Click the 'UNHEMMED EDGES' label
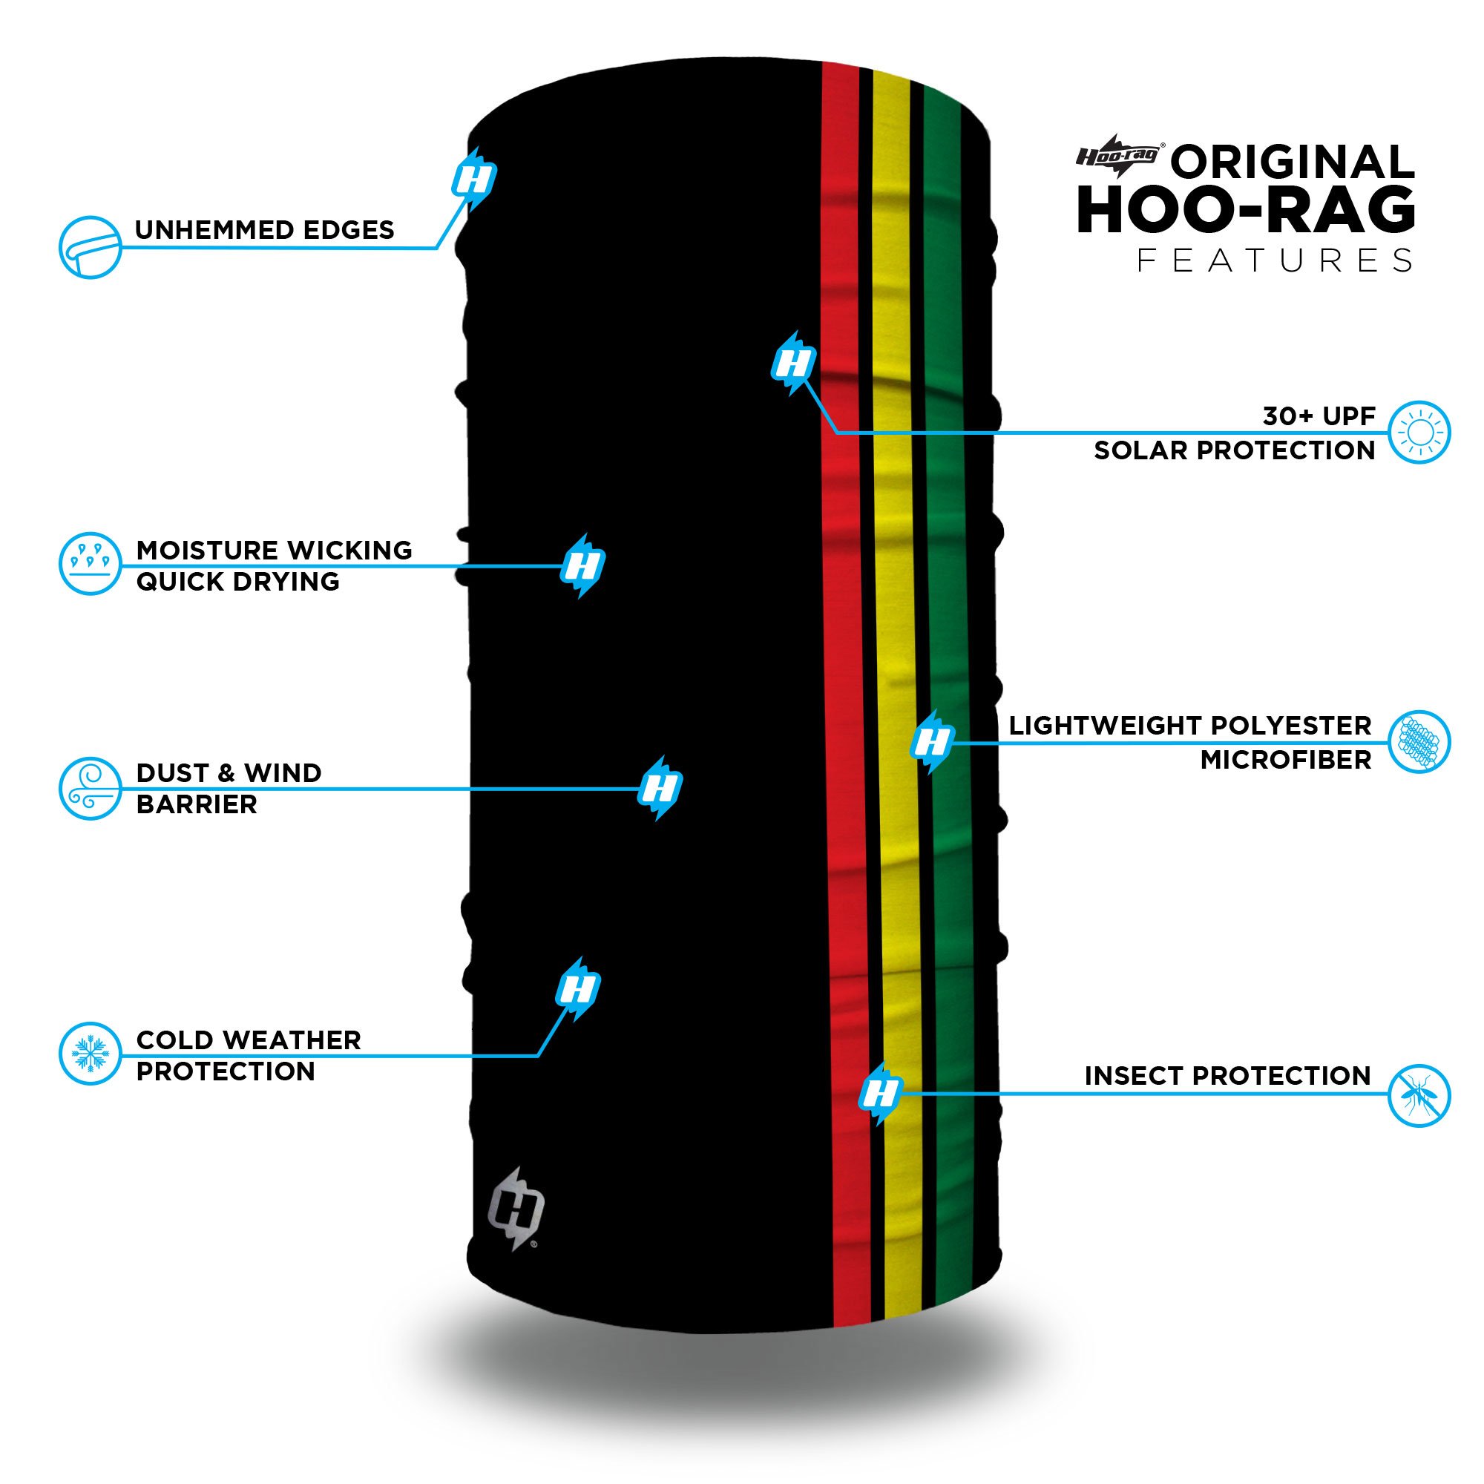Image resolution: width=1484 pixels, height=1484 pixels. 264,230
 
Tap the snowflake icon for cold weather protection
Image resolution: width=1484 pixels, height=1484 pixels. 91,1053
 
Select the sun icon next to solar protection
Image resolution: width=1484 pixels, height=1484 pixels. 1419,432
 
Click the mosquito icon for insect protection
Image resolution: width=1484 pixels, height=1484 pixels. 1419,1095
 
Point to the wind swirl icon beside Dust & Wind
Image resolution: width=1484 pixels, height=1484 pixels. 91,789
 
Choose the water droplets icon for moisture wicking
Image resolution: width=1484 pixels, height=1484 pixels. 91,563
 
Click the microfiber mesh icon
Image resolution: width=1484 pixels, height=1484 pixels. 1419,741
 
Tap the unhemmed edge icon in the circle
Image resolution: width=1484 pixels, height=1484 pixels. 91,246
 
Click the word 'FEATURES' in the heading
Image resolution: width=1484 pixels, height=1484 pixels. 1274,260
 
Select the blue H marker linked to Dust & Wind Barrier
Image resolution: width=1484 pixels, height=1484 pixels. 660,788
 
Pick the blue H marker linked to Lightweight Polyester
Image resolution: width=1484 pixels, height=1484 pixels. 933,742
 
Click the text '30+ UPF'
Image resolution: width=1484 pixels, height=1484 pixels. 1319,416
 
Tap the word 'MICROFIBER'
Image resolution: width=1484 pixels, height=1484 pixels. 1286,760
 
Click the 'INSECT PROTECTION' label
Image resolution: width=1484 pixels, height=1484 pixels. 1227,1075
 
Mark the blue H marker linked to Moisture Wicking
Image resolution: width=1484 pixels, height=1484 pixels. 583,565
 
